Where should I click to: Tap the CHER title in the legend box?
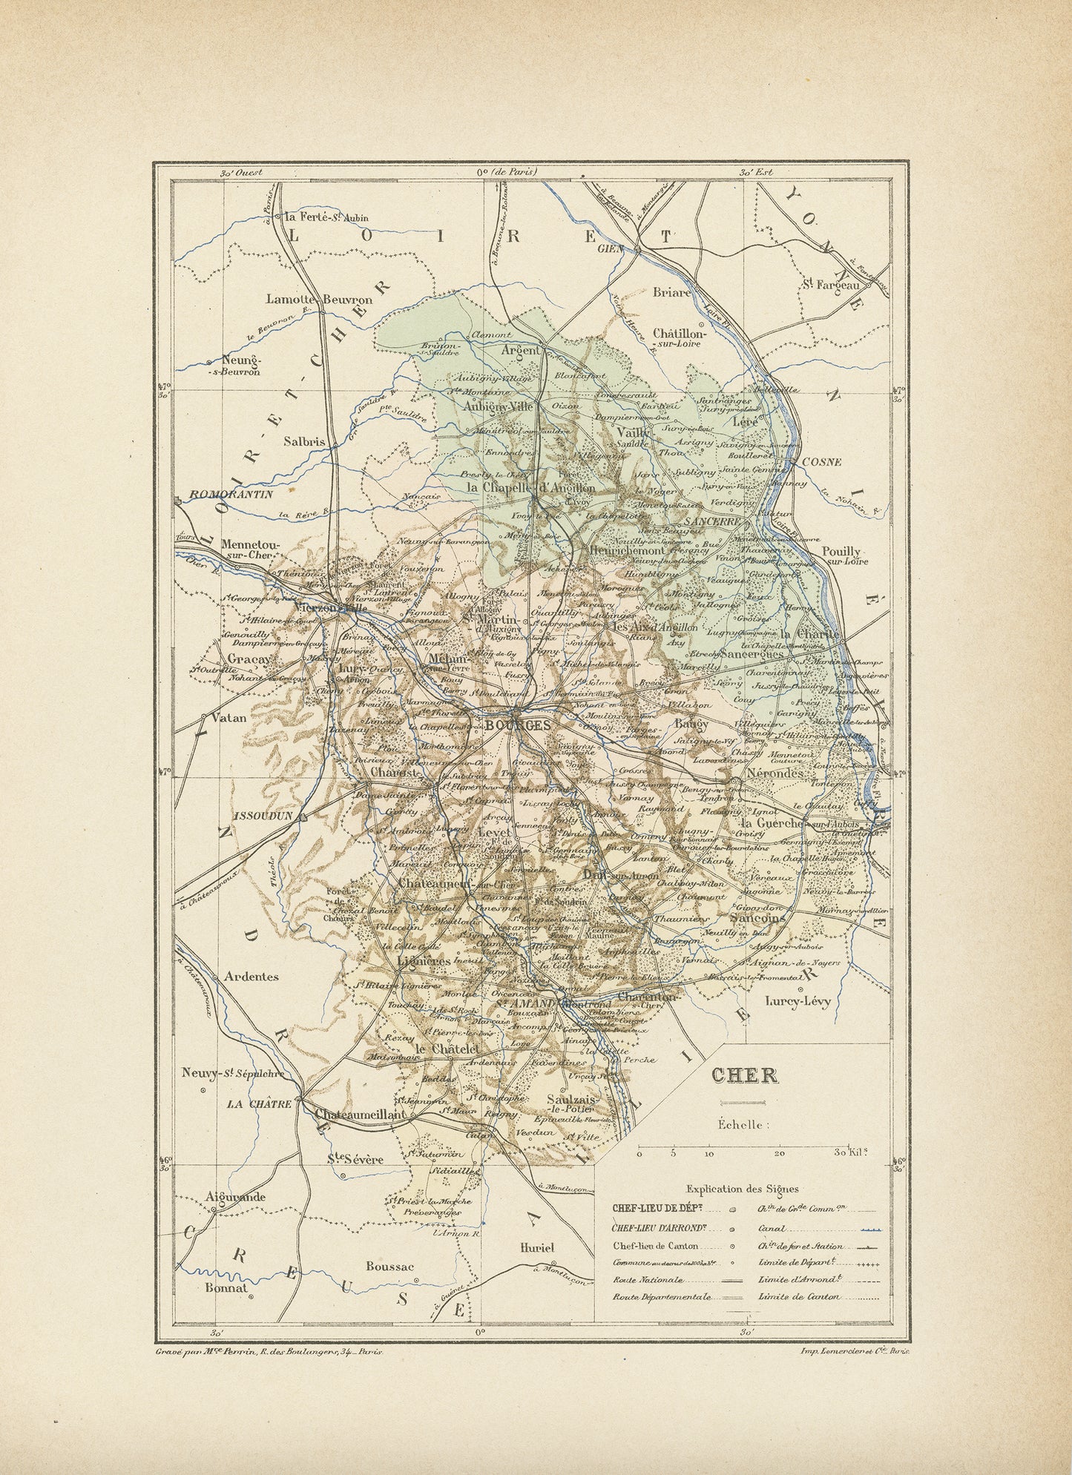(x=745, y=1076)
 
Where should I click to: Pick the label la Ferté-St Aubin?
(x=326, y=218)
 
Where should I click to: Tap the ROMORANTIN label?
(x=231, y=494)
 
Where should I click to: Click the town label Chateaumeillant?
(x=361, y=1114)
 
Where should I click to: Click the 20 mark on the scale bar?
(x=779, y=1154)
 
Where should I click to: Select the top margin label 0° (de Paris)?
(x=507, y=171)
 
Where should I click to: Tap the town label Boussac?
(x=391, y=1267)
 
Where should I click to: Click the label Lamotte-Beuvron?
(x=319, y=300)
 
